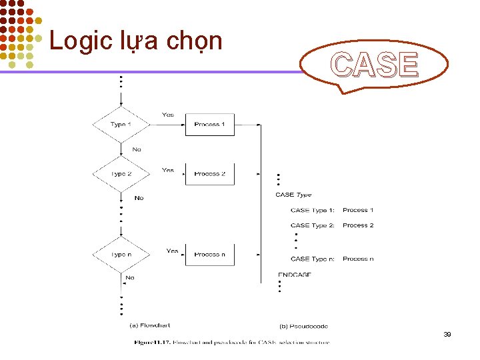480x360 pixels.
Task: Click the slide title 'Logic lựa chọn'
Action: (135, 41)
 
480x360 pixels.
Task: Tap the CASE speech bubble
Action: (375, 65)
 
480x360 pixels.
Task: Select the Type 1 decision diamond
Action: (121, 125)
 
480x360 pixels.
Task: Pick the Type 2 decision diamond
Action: (121, 174)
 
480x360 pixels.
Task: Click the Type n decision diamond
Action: (121, 255)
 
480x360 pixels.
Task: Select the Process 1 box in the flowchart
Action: (209, 125)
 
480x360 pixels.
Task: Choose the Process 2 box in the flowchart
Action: (209, 174)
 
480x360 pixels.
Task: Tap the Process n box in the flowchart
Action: (209, 255)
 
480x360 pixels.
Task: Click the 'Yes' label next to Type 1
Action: (168, 115)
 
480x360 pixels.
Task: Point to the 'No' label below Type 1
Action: (137, 149)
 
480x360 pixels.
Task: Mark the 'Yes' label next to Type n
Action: (172, 251)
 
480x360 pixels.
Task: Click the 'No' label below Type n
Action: (129, 277)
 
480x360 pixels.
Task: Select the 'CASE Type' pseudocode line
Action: (293, 195)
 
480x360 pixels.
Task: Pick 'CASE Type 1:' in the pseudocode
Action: (313, 210)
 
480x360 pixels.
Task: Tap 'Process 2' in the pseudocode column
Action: (358, 225)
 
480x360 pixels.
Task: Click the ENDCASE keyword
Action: (295, 275)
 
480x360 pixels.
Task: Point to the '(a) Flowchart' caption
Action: (149, 325)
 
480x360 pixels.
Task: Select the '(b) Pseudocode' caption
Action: (303, 326)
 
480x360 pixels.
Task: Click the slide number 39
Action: (447, 334)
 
